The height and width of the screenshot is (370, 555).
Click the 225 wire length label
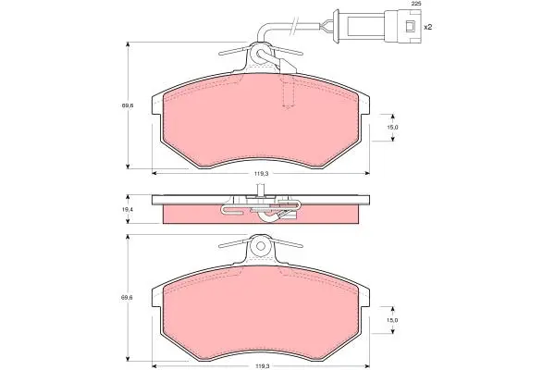[416, 4]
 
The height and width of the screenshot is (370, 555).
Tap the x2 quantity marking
[428, 27]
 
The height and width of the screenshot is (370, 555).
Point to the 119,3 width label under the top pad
[261, 174]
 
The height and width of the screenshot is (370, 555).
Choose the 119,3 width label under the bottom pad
[261, 366]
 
